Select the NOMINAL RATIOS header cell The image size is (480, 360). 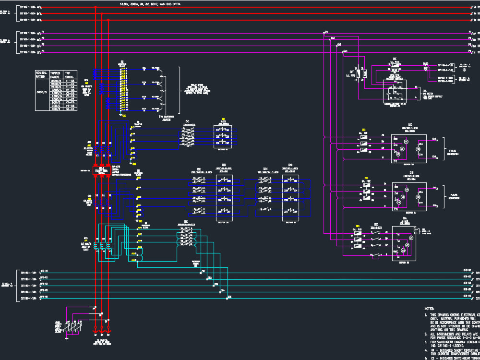(x=42, y=74)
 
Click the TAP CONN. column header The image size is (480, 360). (x=70, y=74)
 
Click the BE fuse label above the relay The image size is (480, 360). (x=395, y=60)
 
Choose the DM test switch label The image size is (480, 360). (x=265, y=169)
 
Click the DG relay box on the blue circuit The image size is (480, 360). (x=290, y=197)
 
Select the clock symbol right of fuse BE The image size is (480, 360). (x=464, y=69)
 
